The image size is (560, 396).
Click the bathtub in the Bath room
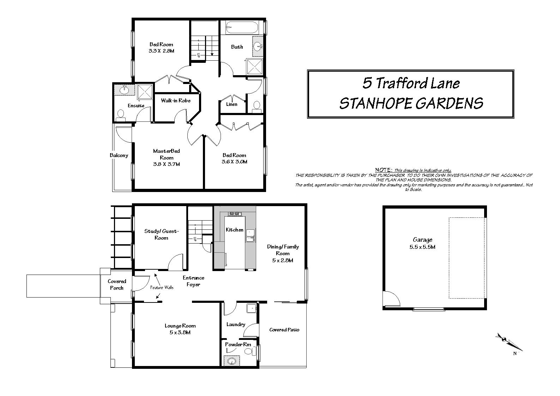click(242, 27)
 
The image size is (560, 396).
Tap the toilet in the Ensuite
click(121, 115)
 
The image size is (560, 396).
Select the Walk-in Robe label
click(176, 101)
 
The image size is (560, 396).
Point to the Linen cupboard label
click(232, 104)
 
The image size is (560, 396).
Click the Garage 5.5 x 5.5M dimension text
click(422, 247)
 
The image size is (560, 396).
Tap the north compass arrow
click(509, 342)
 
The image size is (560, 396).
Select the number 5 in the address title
click(367, 83)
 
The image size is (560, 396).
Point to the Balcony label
click(119, 155)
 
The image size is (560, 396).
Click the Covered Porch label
click(117, 284)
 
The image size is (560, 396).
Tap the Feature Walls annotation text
click(162, 288)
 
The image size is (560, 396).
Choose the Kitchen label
click(235, 230)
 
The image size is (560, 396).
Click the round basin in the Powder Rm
click(232, 361)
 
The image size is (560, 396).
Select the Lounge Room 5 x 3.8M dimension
click(180, 332)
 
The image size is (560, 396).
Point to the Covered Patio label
click(284, 330)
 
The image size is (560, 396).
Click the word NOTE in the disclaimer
click(384, 170)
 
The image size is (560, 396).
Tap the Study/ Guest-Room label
click(162, 234)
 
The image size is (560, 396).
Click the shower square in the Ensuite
click(145, 92)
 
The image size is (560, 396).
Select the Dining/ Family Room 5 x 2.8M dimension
click(283, 260)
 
